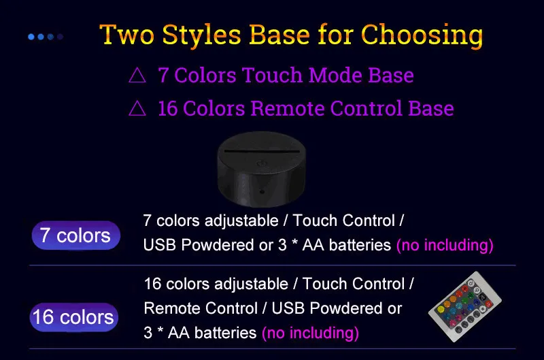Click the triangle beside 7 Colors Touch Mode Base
click(137, 75)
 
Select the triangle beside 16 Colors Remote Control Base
click(137, 108)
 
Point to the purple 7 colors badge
click(76, 235)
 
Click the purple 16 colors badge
click(74, 317)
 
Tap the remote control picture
click(465, 306)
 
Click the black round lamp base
click(262, 169)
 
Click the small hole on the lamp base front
click(262, 192)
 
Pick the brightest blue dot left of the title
click(31, 37)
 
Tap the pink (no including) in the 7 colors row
click(445, 245)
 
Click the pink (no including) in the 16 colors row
click(310, 333)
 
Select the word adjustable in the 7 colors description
click(241, 220)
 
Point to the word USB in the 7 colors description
click(159, 245)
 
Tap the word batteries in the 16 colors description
click(226, 333)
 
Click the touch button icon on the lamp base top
click(262, 163)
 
